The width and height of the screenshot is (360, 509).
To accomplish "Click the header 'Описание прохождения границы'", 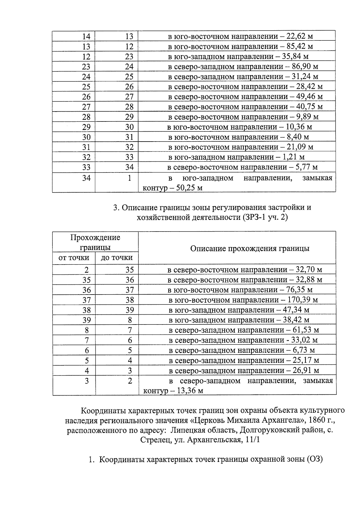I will (250, 249).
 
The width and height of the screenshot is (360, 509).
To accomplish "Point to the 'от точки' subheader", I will (74, 258).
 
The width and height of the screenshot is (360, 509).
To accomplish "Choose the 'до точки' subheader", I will (117, 258).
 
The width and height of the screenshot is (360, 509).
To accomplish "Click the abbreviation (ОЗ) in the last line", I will (314, 460).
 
